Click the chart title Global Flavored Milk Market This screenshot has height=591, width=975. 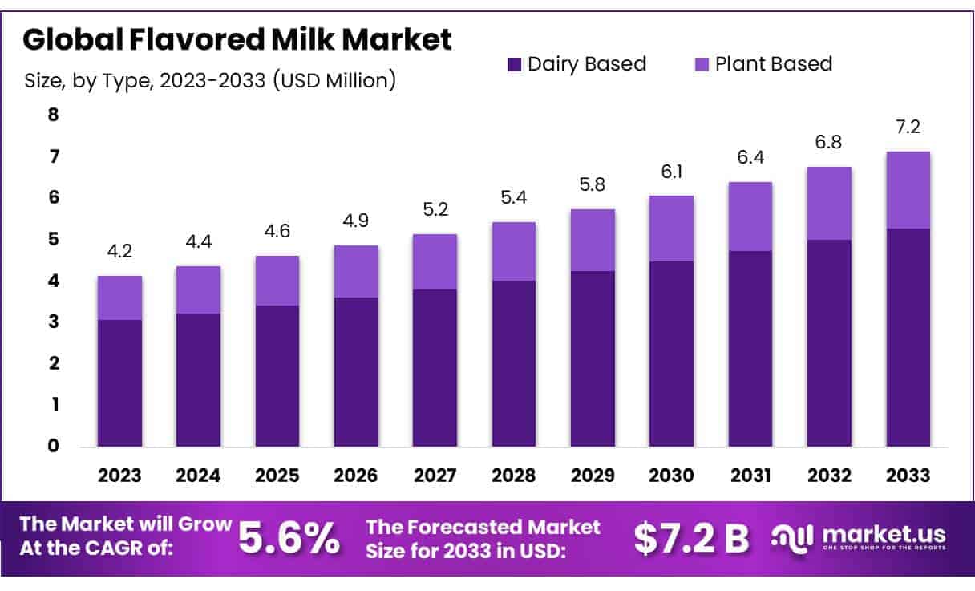point(237,38)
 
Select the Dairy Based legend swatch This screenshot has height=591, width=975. point(514,64)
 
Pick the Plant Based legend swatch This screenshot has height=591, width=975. point(702,64)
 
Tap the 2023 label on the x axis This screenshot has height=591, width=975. point(119,476)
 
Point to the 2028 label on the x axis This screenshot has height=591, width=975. point(514,476)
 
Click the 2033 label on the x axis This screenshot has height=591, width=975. point(908,476)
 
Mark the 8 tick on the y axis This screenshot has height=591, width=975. point(54,115)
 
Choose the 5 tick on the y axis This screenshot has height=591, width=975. point(54,239)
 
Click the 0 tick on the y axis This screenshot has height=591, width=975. point(54,446)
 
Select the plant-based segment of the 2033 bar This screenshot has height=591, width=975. point(908,190)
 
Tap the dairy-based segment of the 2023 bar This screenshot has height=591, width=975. point(119,383)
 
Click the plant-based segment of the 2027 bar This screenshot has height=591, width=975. point(435,261)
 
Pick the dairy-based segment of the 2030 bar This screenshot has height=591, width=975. point(672,354)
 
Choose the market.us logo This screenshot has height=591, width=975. point(859,537)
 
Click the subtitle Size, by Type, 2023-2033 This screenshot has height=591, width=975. point(210,81)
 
